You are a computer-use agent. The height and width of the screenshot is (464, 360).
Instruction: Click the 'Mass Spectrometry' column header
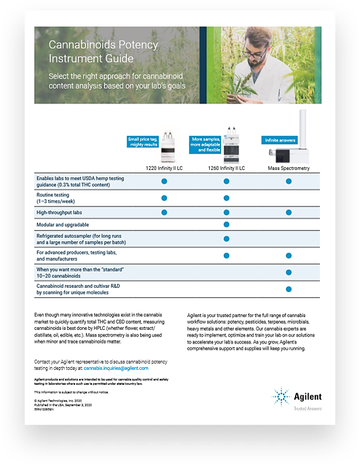288,167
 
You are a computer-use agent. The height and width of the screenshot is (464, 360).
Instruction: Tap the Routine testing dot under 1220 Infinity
164,197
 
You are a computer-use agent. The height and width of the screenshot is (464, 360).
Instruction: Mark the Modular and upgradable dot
226,224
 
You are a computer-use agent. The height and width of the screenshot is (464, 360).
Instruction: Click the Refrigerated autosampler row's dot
226,239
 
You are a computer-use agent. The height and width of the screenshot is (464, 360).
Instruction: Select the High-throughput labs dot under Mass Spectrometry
289,212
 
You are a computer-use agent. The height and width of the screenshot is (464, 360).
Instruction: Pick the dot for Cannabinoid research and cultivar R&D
289,289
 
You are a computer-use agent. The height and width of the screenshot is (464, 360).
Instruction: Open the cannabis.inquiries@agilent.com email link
131,368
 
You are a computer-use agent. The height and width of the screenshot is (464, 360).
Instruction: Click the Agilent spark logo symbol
281,396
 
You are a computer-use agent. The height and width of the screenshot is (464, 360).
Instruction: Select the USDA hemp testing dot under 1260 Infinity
226,181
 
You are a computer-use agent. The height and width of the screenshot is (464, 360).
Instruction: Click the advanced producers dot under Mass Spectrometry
289,256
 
